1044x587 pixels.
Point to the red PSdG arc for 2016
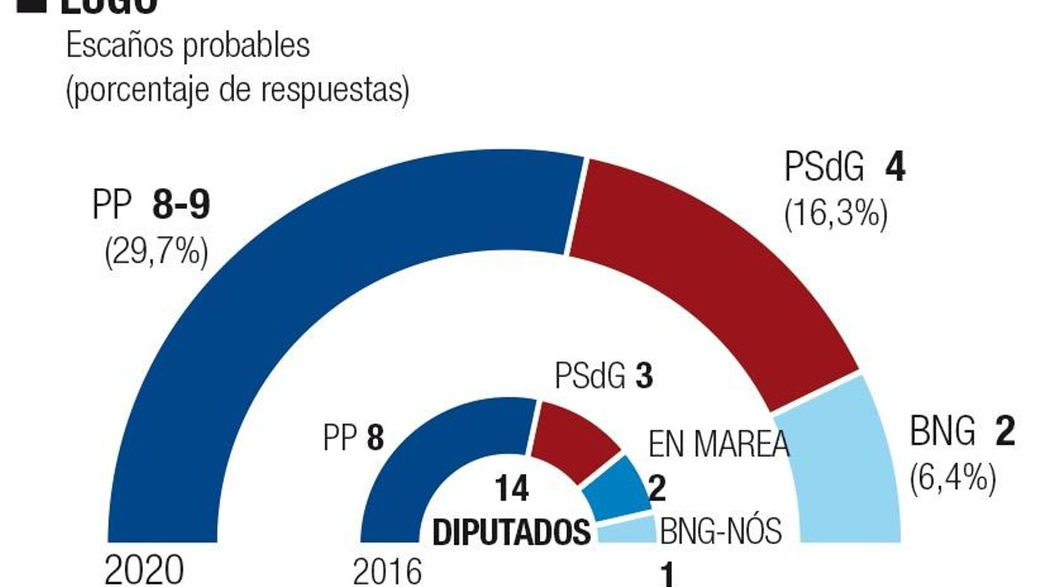coord(571,437)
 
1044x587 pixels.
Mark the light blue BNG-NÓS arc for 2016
coord(626,530)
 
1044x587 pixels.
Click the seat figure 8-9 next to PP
coord(181,204)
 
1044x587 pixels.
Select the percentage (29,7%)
coord(156,251)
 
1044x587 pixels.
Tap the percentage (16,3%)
coord(836,213)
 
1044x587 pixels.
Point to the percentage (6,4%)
coord(953,478)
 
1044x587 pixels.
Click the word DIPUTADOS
coord(512,532)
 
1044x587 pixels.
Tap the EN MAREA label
coord(718,445)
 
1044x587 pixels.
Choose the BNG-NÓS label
coord(720,531)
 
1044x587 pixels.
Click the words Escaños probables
coord(188,46)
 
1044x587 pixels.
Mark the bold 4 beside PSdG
coord(895,167)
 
